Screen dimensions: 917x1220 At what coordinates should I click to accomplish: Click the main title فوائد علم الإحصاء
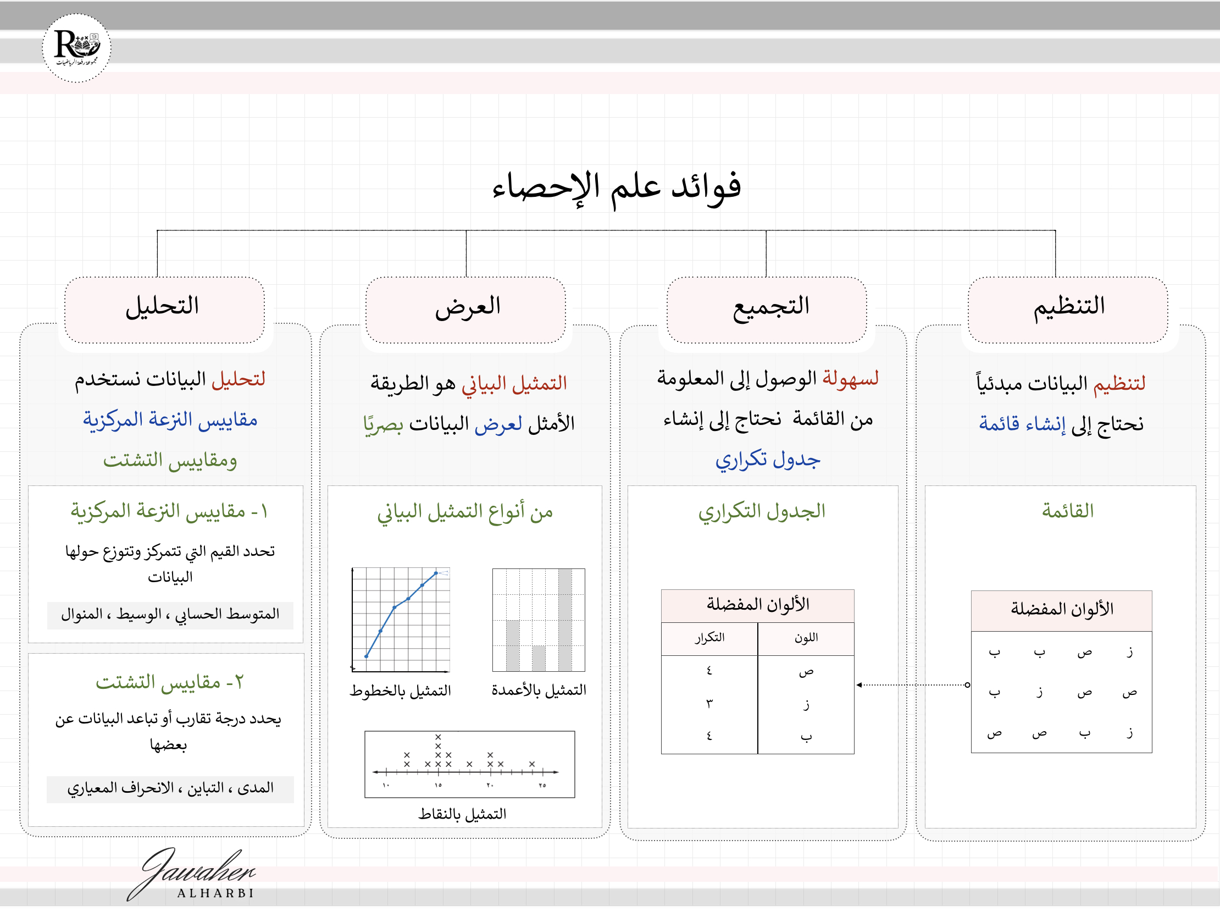(x=617, y=187)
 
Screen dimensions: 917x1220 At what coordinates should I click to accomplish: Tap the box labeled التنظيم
(x=1068, y=309)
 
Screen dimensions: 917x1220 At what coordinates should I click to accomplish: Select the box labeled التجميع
(x=767, y=309)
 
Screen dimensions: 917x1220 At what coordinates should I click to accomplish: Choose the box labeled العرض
(x=466, y=309)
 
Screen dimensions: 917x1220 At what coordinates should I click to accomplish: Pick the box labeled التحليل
(x=164, y=309)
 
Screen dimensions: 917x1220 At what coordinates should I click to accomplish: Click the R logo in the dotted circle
(x=76, y=47)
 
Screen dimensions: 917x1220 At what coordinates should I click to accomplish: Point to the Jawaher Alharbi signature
(x=193, y=875)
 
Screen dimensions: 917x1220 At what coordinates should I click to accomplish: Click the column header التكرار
(x=709, y=638)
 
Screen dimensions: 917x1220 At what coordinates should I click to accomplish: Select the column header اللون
(x=806, y=638)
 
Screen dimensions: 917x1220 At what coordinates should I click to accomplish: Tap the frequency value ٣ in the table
(x=709, y=704)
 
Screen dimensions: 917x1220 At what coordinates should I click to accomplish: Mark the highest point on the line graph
(x=436, y=573)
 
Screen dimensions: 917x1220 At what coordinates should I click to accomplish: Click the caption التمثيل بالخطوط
(x=401, y=691)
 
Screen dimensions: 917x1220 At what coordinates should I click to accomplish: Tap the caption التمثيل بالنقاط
(x=462, y=814)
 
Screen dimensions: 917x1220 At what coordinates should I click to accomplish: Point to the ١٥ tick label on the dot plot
(x=438, y=785)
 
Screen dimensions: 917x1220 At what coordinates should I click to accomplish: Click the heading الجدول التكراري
(x=762, y=511)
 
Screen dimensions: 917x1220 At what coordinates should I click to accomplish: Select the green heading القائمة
(x=1067, y=511)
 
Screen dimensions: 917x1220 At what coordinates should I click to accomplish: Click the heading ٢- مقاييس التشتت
(x=169, y=682)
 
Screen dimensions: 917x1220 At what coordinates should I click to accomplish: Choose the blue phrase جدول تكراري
(x=767, y=460)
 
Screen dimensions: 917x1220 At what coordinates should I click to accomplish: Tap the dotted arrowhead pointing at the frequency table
(x=859, y=684)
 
